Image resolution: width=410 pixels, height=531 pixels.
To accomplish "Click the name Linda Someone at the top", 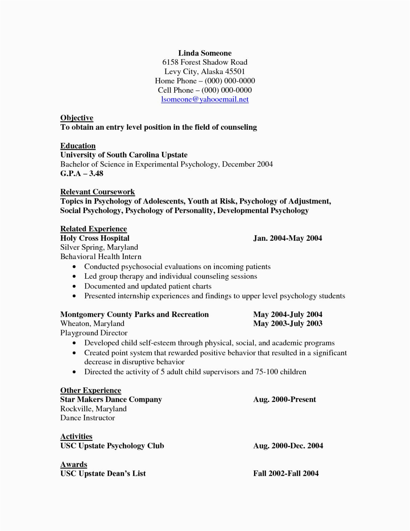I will point(205,53).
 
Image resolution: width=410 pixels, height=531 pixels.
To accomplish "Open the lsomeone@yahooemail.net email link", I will point(205,99).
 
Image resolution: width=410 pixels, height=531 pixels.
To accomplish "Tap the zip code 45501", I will point(235,71).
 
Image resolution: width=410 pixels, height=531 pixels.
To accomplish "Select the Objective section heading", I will point(77,118).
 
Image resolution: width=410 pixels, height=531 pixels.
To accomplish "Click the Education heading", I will point(78,146).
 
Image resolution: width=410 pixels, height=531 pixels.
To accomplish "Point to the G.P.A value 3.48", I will point(96,173).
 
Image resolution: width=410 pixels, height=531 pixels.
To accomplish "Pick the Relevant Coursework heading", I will point(97,192).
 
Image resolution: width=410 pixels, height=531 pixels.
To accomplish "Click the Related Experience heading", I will point(93,229).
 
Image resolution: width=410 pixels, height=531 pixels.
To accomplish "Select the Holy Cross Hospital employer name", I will point(95,238).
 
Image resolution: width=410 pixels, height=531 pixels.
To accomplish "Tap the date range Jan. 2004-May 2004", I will point(288,238).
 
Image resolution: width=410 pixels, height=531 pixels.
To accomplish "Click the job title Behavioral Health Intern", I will point(101,257).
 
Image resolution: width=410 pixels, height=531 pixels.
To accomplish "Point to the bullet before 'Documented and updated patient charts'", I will point(74,286).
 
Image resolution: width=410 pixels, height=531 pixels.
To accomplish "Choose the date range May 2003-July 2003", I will point(288,323).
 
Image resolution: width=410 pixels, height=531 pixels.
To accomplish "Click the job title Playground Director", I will point(94,333).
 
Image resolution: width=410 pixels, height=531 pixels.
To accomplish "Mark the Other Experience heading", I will point(91,390).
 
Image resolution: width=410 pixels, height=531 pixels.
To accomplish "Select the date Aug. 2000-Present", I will point(284,400).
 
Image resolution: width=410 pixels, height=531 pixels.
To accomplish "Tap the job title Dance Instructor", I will point(88,418).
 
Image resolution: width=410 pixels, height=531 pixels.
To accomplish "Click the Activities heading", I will point(76,437).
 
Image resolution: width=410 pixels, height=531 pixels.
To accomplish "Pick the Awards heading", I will point(74,465).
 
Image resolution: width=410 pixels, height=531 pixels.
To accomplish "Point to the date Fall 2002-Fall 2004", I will point(286,473).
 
